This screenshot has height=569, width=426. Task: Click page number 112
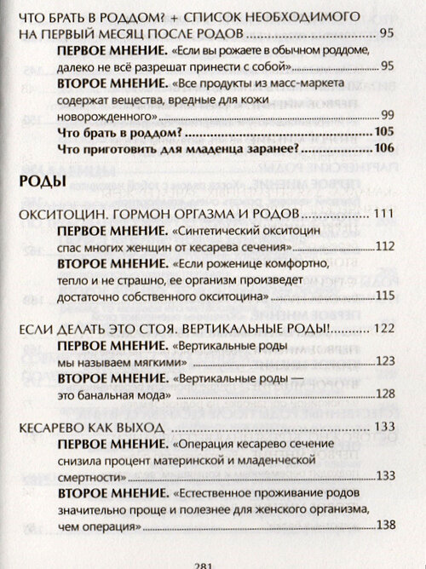(x=384, y=247)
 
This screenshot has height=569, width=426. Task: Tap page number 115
(x=384, y=296)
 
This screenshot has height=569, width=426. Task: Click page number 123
(x=384, y=361)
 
